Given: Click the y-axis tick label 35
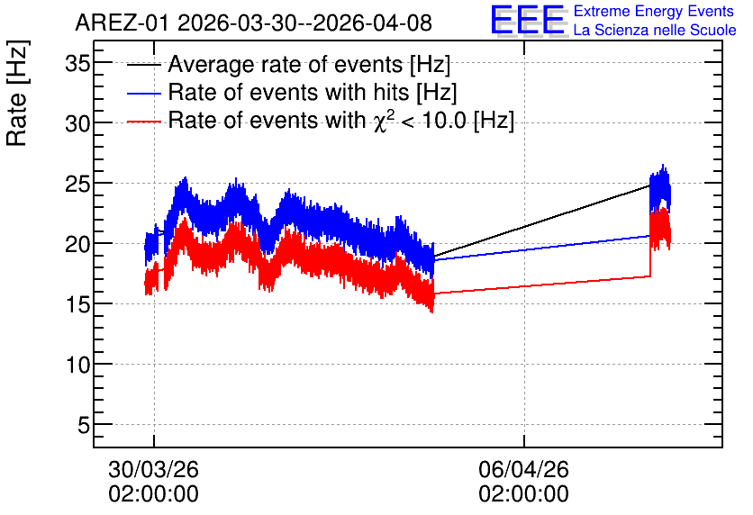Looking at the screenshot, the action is (x=77, y=63).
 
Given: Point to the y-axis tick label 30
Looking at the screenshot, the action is (x=77, y=124).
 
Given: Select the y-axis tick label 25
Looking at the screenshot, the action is (x=77, y=185).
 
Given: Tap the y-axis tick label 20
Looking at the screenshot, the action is (x=77, y=244).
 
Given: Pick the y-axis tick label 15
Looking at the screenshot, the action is (x=77, y=305).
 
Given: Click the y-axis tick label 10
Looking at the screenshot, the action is (x=77, y=366).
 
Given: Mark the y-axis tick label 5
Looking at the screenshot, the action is (x=84, y=425).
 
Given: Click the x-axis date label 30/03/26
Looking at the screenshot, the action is (x=154, y=469).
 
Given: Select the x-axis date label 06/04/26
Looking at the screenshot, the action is (x=524, y=469).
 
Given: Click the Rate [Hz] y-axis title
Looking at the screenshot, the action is (x=17, y=93).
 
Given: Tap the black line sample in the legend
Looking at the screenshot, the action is (x=143, y=65).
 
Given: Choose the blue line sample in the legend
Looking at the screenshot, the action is (x=143, y=93).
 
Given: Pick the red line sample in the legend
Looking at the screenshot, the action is (x=143, y=122).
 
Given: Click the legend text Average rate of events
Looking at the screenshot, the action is (x=286, y=64).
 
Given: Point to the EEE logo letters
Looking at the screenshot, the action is (x=528, y=20).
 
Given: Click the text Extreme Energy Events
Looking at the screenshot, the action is (x=654, y=12).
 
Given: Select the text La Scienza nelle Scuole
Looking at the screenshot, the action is (x=655, y=31).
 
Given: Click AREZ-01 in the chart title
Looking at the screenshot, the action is (x=122, y=23).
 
